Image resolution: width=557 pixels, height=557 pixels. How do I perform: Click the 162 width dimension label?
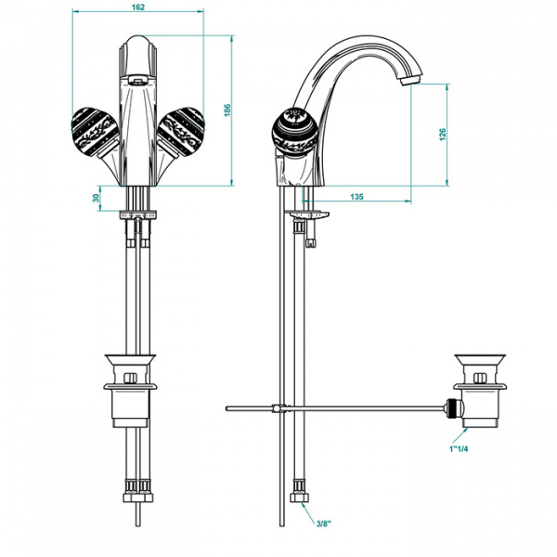tap(137, 7)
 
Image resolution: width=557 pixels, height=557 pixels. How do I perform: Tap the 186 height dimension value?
tap(227, 110)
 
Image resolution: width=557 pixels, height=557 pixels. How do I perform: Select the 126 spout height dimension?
tap(442, 135)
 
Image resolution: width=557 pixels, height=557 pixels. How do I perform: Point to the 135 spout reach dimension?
tap(356, 197)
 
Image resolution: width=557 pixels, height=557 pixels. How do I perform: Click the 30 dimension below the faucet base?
tap(96, 198)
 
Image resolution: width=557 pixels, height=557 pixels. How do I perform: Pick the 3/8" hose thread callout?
tap(324, 524)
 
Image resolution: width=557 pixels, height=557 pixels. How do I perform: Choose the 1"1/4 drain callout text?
tap(459, 448)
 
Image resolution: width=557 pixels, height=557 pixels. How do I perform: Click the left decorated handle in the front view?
tap(96, 131)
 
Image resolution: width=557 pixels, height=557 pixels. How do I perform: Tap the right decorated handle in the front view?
tap(181, 131)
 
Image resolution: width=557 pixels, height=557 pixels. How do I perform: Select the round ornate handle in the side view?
tap(295, 132)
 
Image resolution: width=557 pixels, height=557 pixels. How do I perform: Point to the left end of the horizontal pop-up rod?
tap(227, 408)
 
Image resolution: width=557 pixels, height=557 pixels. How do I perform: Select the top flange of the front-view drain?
tap(130, 360)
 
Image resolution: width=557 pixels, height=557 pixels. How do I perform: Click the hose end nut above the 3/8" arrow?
tap(299, 498)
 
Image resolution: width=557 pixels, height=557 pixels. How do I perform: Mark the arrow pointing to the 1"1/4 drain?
tap(460, 435)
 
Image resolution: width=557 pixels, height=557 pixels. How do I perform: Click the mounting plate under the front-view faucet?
tap(138, 215)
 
